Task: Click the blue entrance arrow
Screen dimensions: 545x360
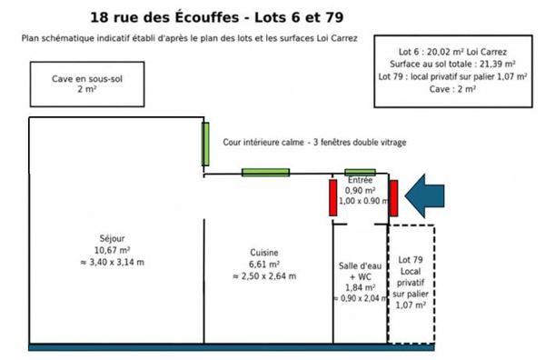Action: [424, 196]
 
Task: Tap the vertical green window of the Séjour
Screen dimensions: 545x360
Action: [205, 144]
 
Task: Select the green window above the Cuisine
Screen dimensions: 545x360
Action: [265, 172]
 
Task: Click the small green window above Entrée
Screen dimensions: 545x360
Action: [360, 172]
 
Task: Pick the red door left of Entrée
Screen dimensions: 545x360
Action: [333, 197]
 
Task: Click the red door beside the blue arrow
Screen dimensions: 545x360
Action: [393, 198]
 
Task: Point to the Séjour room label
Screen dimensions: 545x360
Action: [112, 238]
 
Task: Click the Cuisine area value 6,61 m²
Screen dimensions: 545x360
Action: [264, 265]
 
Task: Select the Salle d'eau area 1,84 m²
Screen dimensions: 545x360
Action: [360, 287]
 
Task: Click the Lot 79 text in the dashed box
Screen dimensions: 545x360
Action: [411, 260]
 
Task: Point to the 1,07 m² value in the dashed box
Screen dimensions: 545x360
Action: [411, 305]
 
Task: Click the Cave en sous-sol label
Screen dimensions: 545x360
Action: [87, 79]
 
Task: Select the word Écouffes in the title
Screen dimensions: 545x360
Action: [207, 17]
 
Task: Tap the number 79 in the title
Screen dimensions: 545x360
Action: [334, 17]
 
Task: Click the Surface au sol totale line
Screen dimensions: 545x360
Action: [452, 64]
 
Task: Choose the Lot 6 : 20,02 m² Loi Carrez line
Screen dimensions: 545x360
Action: [452, 52]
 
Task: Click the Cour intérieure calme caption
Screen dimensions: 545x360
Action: [263, 142]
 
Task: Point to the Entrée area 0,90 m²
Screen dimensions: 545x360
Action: [360, 191]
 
